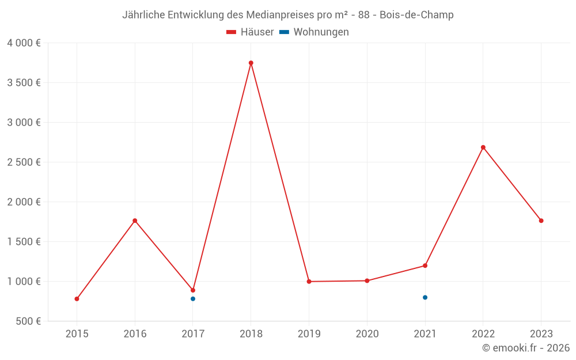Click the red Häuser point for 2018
click(251, 63)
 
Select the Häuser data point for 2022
click(483, 147)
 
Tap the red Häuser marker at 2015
click(77, 299)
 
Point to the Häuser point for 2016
click(135, 221)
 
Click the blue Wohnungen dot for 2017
click(193, 299)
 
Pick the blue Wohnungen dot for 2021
click(425, 297)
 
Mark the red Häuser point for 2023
click(541, 221)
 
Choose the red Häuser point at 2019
click(309, 282)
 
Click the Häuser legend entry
click(250, 32)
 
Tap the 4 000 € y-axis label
click(24, 43)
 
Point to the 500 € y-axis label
click(27, 321)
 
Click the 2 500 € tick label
click(24, 162)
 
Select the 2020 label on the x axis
click(367, 334)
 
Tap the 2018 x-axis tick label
click(251, 334)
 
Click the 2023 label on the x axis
click(541, 334)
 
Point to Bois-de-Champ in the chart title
click(416, 15)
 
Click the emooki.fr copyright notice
click(526, 348)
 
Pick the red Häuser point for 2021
click(425, 266)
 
